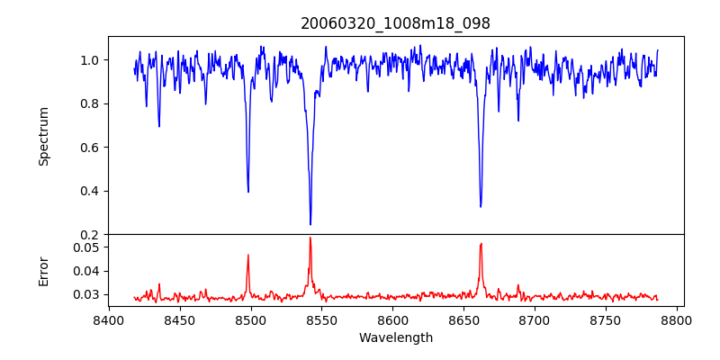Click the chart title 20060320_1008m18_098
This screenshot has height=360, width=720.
395,23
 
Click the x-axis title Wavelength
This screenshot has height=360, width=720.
395,338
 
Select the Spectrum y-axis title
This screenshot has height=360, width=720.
43,136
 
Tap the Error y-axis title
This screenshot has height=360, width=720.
43,270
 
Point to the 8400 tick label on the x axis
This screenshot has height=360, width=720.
108,320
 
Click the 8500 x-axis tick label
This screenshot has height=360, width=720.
250,320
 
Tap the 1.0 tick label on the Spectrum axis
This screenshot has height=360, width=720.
90,60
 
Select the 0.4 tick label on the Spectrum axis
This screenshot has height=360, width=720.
90,191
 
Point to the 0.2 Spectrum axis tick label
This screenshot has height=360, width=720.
90,234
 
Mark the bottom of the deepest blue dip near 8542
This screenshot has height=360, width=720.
310,224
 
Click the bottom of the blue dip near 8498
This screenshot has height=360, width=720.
248,191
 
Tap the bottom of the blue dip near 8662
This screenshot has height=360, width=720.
481,206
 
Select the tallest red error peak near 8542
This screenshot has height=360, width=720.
310,238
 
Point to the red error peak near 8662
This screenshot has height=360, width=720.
481,244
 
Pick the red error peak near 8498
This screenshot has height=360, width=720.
248,256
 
